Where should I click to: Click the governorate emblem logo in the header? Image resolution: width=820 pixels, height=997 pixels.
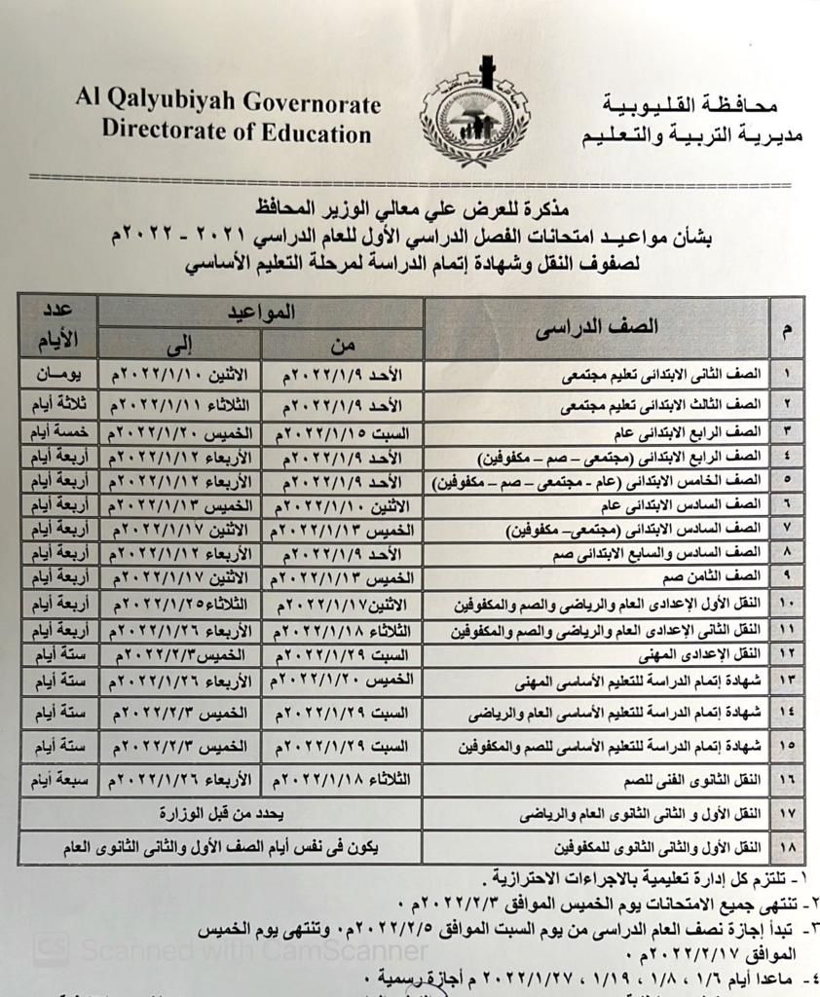[474, 113]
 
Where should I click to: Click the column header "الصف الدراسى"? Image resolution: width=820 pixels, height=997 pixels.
[597, 327]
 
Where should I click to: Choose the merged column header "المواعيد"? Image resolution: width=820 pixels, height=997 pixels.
[261, 312]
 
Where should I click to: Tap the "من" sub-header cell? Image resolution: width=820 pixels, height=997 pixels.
[343, 344]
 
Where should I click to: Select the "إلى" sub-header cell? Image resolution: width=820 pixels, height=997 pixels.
[180, 344]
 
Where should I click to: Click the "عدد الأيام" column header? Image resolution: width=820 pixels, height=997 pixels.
[58, 327]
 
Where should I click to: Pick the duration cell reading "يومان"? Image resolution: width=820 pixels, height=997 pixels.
[58, 374]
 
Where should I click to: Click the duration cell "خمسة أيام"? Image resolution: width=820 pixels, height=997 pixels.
[58, 430]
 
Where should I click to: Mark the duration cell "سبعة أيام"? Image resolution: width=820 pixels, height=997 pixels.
[58, 779]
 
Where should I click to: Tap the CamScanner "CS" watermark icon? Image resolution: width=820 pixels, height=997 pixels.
[51, 949]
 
